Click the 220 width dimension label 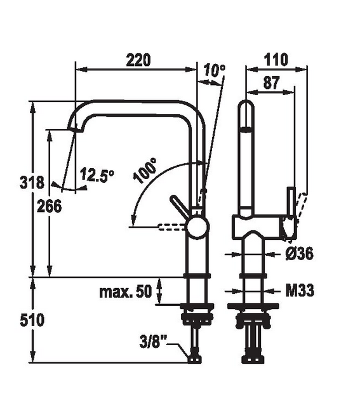138,60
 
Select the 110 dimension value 276,60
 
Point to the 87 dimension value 271,82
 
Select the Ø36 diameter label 299,254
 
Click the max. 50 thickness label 126,292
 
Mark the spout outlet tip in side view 74,129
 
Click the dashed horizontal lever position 173,225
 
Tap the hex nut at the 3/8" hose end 194,359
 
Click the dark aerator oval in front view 246,129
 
